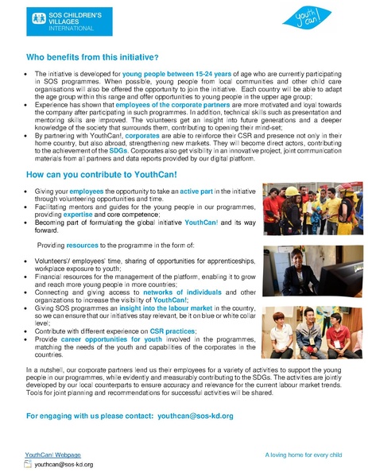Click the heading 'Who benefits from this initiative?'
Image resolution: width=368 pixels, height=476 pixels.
click(92, 57)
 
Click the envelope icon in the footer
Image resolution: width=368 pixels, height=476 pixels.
click(29, 464)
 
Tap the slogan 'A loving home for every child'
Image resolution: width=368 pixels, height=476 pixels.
click(303, 455)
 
